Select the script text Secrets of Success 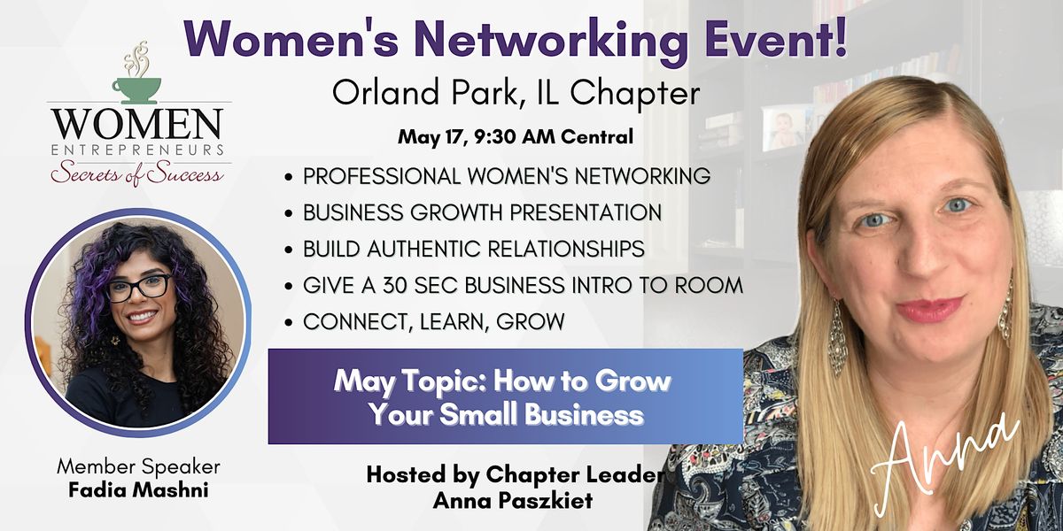pos(136,172)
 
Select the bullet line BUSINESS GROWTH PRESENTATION pos(482,212)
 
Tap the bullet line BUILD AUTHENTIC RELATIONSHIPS pos(473,249)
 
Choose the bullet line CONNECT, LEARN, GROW pos(433,322)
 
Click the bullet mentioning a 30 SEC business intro pos(523,286)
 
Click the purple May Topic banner pos(505,396)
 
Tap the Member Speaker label pos(137,466)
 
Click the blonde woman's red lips pos(929,309)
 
